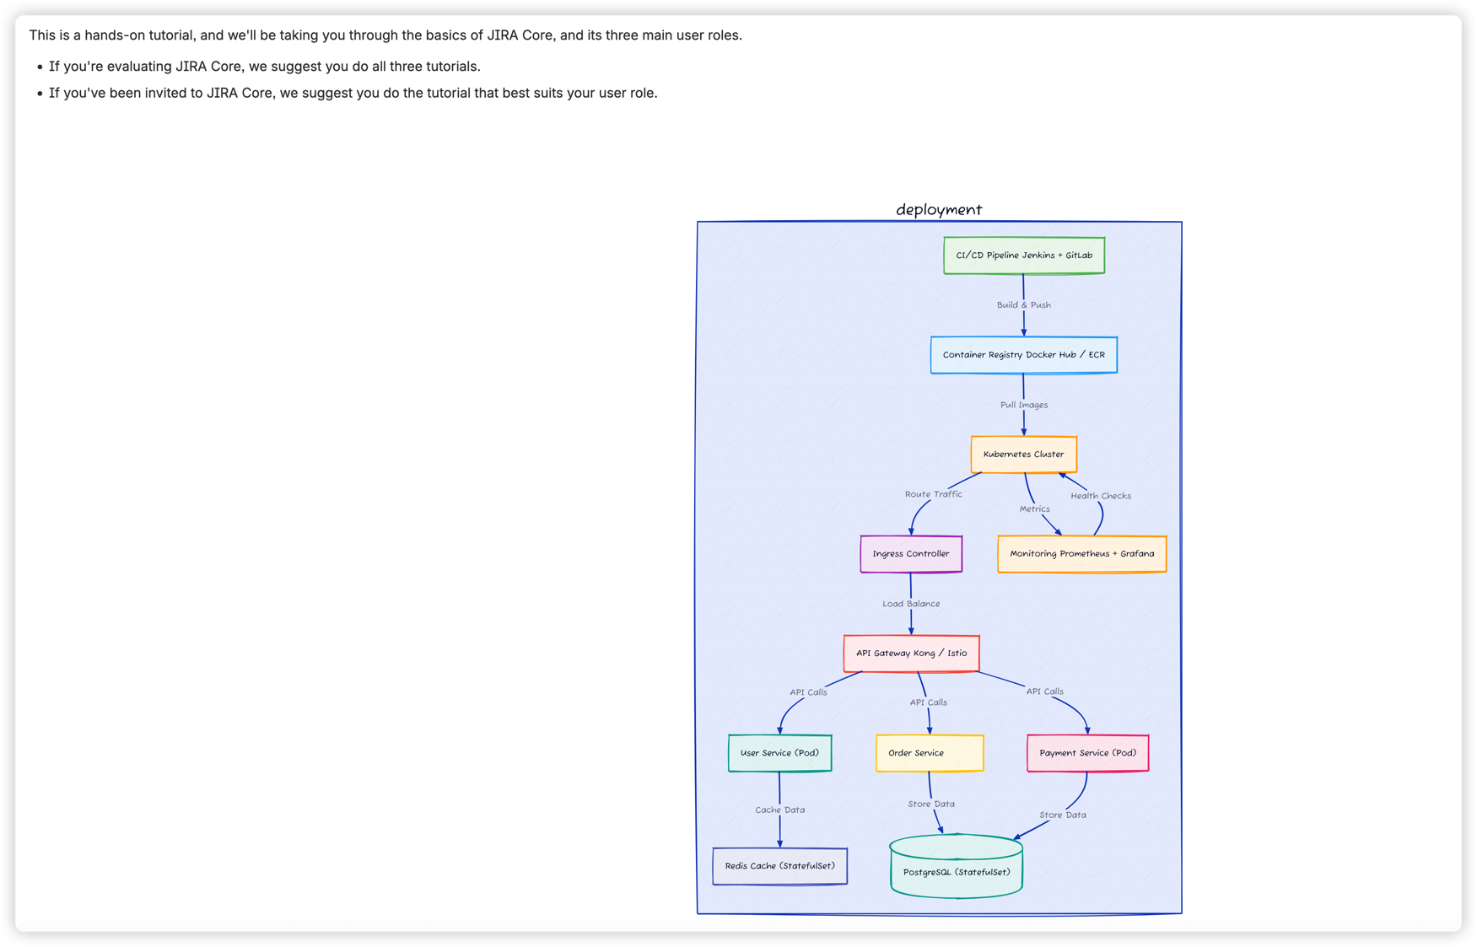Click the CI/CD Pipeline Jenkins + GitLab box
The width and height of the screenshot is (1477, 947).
pos(1023,256)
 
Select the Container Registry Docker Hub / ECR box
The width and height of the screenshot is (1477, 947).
pos(1023,355)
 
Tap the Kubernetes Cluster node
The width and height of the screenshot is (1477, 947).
pos(1023,455)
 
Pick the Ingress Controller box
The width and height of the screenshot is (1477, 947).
pos(910,554)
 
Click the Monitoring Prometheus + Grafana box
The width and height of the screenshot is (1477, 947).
pos(1081,554)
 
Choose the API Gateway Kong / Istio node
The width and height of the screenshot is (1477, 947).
pos(911,654)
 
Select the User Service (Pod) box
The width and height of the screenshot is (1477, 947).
pos(779,753)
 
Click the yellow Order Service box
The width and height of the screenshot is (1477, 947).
pos(929,753)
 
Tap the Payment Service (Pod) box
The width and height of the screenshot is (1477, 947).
pos(1087,753)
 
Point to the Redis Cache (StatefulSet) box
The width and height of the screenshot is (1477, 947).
pos(779,866)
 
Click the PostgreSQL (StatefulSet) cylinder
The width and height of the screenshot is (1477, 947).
pos(956,872)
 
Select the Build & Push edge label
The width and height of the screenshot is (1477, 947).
pos(1023,305)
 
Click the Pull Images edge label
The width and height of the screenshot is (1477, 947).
pos(1023,405)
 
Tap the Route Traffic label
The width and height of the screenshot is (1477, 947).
pos(933,494)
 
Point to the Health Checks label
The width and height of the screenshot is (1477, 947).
pos(1100,496)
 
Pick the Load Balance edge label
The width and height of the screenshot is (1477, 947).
pos(910,604)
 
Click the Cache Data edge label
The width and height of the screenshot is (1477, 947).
pos(779,810)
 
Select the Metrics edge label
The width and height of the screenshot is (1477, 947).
pos(1034,509)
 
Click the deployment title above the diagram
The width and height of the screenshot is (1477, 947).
pos(938,209)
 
